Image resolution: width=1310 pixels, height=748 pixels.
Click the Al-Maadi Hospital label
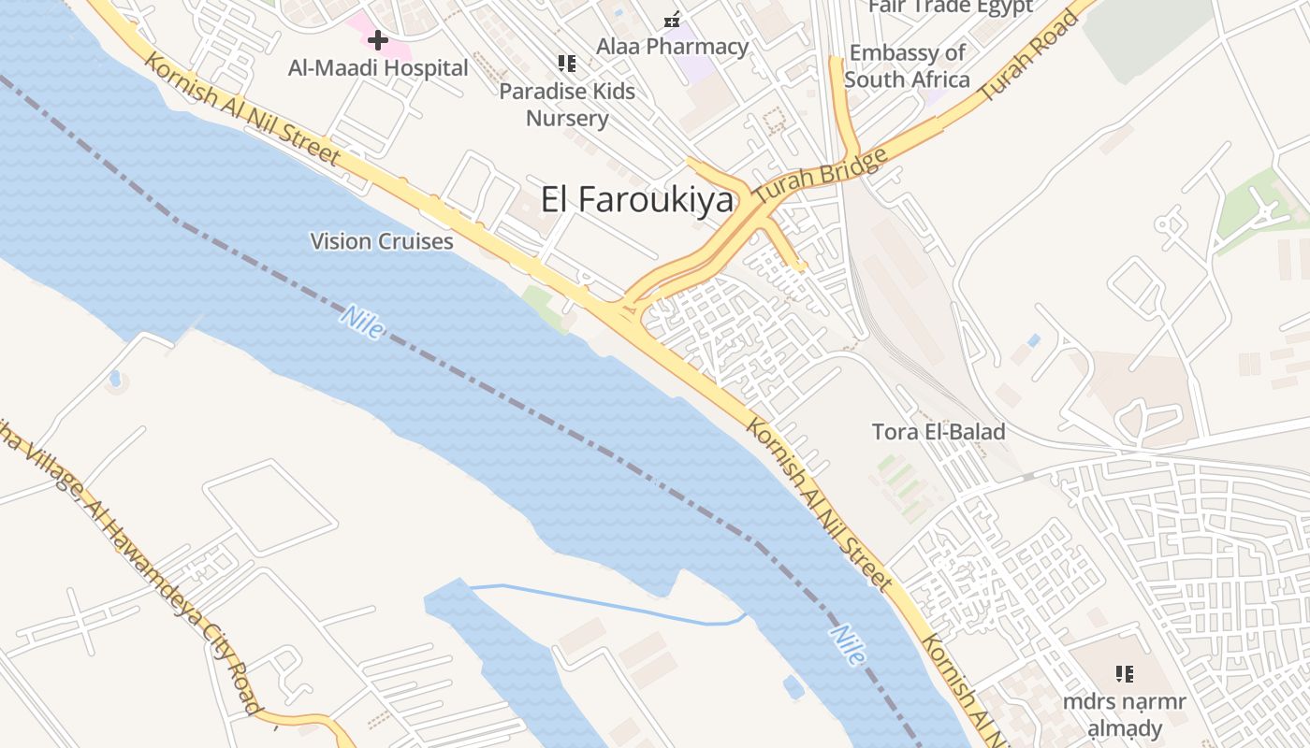(378, 68)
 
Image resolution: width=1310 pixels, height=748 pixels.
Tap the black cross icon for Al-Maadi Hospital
(378, 40)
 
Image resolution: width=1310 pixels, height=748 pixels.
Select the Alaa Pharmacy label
(673, 46)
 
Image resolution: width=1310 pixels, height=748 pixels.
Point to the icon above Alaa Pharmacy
(672, 19)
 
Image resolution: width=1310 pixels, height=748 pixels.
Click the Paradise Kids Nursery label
(567, 105)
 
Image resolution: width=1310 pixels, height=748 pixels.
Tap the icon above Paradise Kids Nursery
(566, 64)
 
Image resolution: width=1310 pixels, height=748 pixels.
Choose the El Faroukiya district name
(637, 199)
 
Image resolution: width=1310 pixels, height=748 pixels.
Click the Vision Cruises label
(382, 241)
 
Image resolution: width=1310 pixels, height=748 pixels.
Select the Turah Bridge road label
(821, 177)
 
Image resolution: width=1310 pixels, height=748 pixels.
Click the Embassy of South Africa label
(907, 66)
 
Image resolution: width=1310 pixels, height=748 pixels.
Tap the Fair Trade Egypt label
(951, 7)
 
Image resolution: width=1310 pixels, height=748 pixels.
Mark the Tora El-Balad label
(939, 432)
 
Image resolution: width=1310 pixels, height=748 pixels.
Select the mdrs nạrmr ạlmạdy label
(1125, 715)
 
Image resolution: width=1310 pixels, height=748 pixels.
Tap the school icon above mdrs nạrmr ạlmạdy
(1125, 673)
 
